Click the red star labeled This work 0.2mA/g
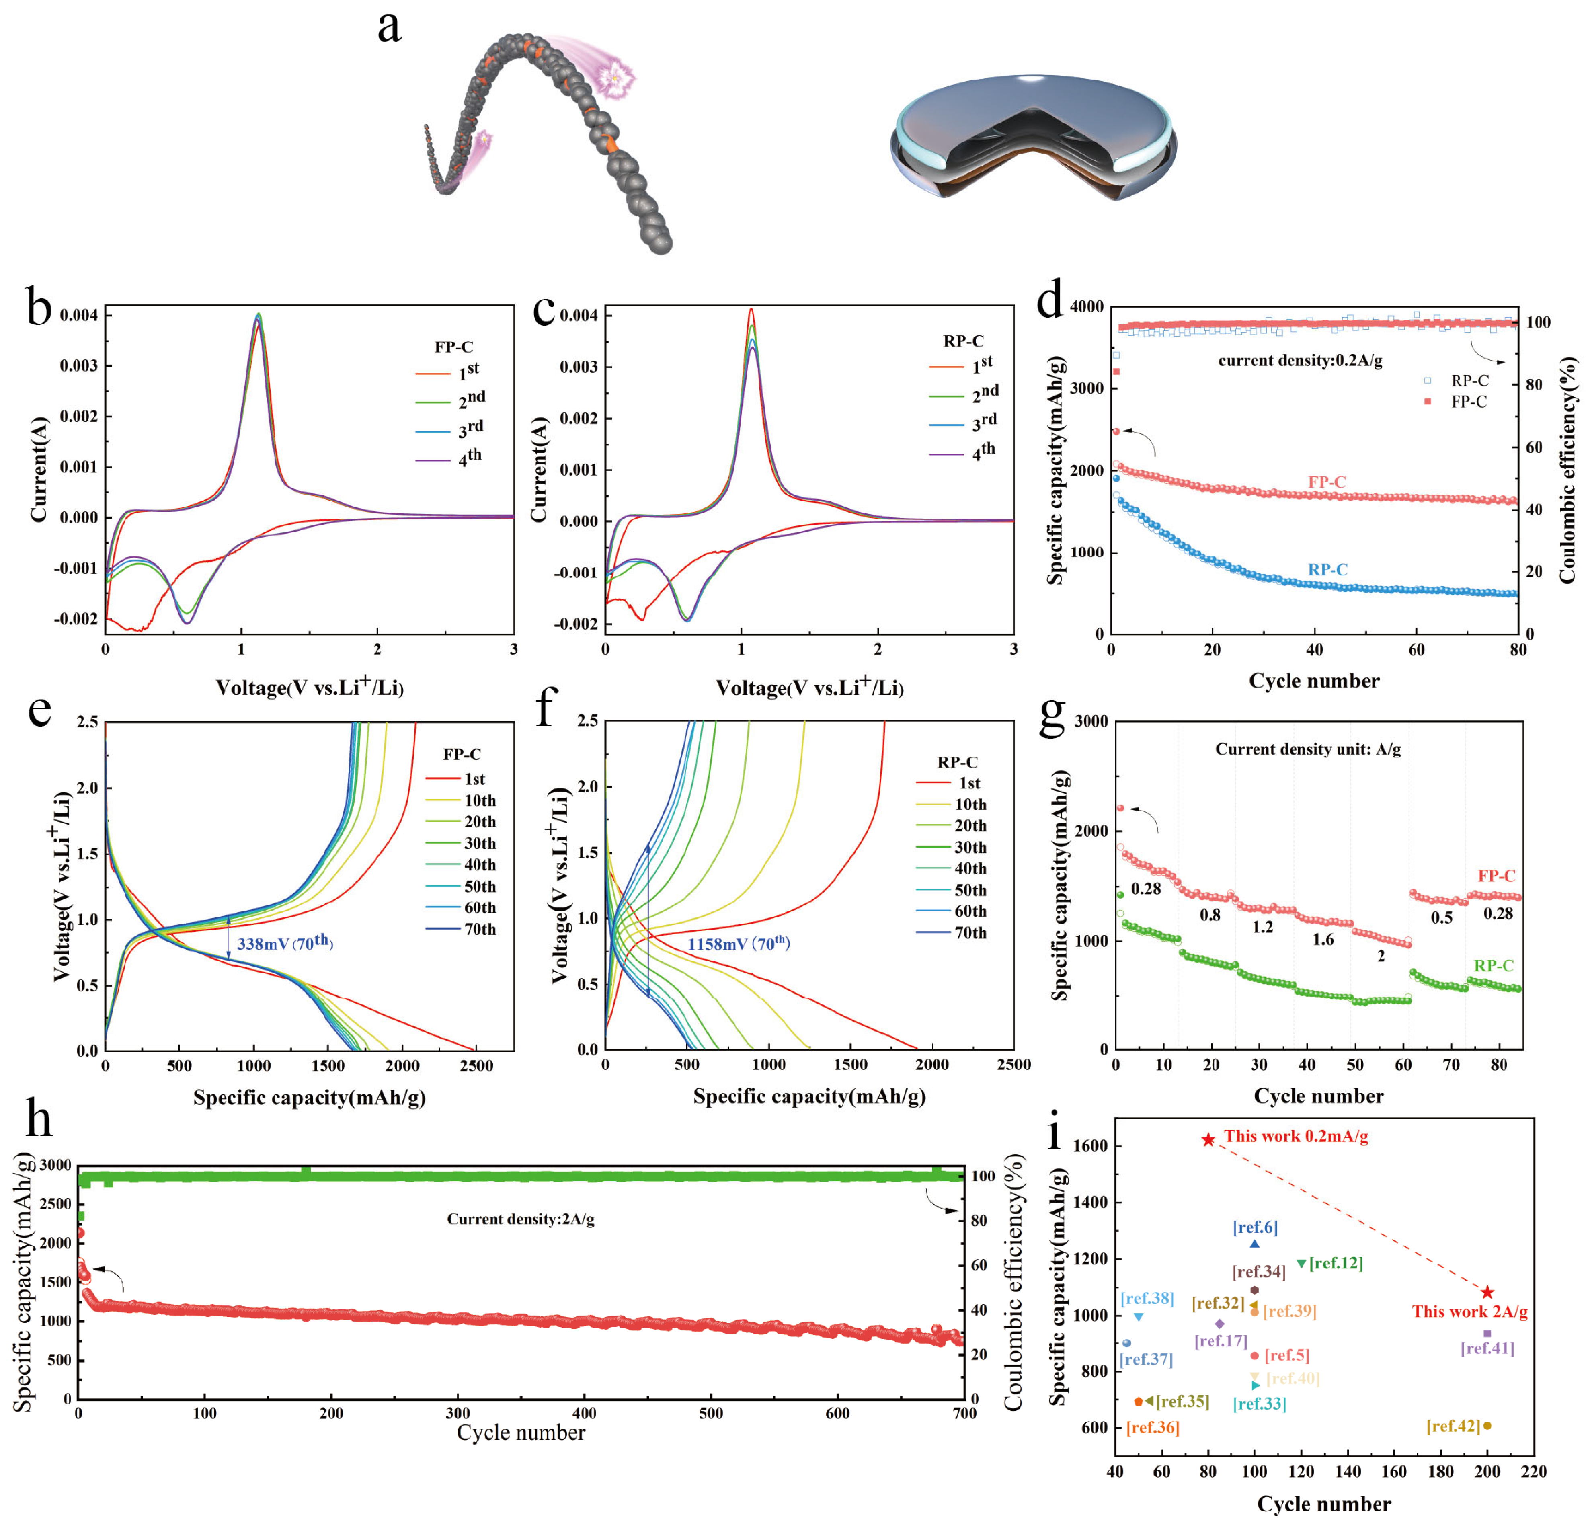coord(1208,1140)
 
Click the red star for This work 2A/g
coord(1487,1292)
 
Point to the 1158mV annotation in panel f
coord(738,943)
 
